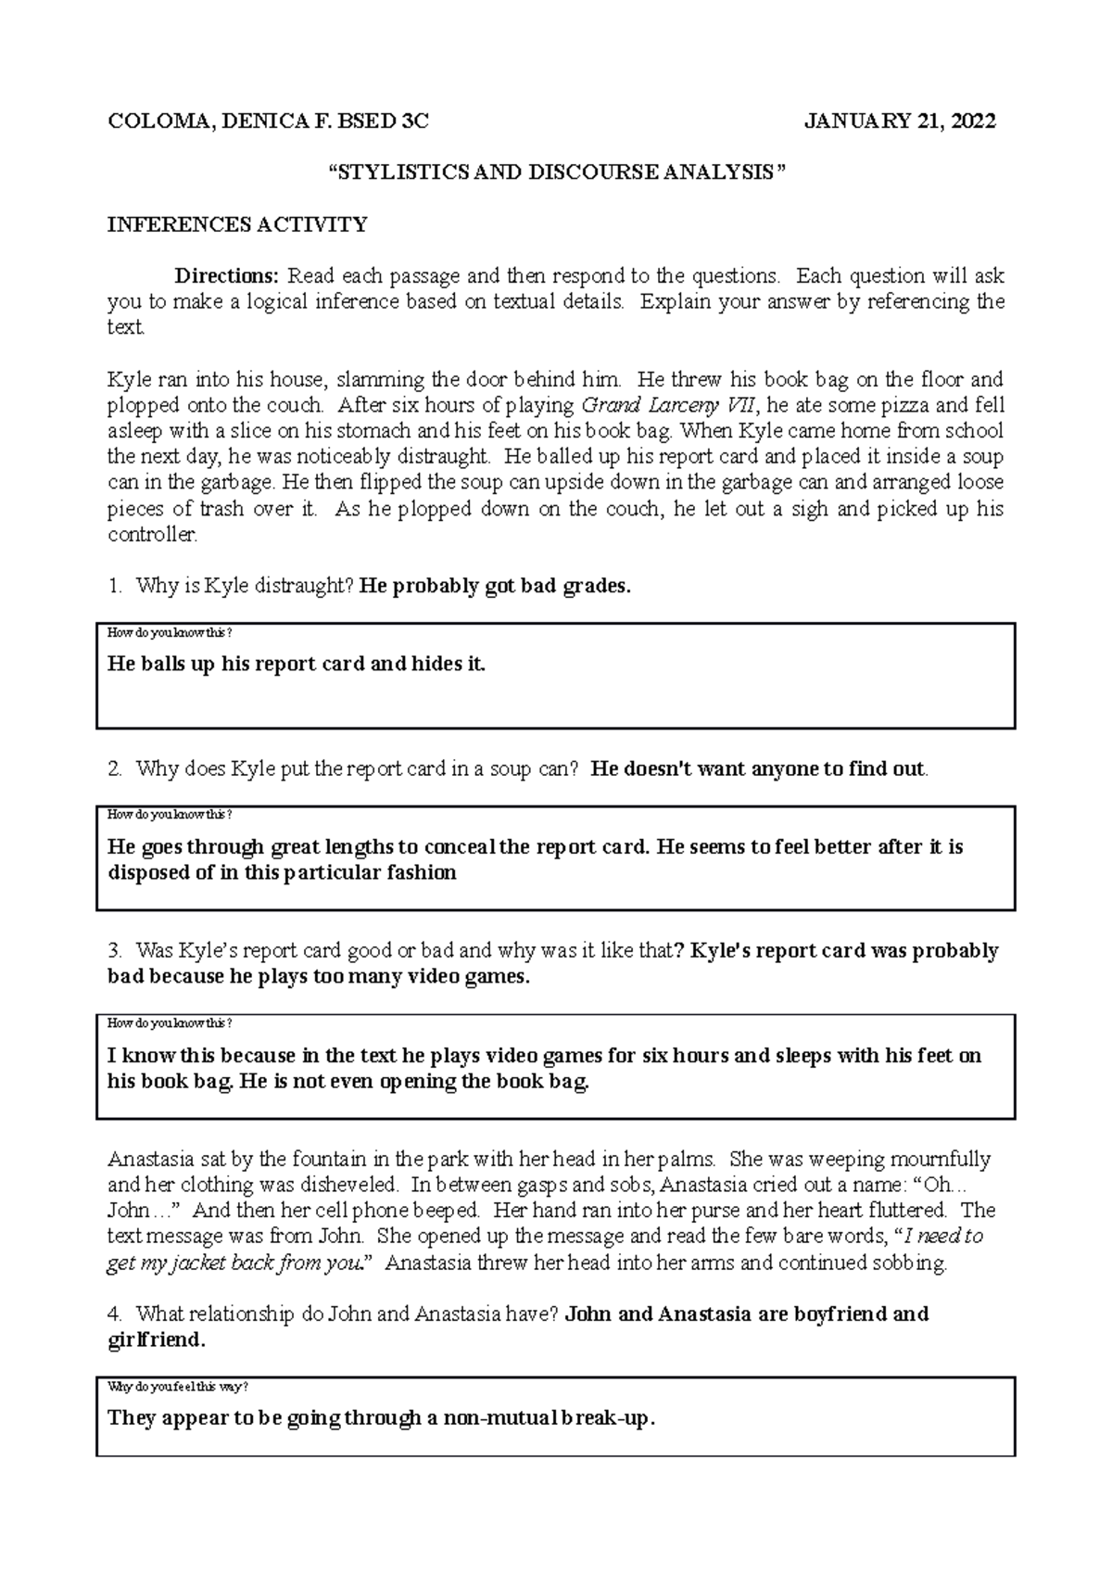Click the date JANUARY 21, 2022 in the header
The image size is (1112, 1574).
(x=901, y=121)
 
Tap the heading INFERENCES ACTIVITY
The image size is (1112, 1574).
(x=237, y=224)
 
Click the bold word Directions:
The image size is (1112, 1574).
(x=227, y=276)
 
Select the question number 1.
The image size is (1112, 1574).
(x=114, y=586)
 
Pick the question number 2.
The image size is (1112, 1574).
(x=114, y=768)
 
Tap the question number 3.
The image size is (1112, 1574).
(x=114, y=951)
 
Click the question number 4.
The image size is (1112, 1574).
(x=114, y=1314)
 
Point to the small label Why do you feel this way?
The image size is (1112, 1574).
(x=178, y=1387)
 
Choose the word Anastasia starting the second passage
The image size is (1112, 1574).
(x=153, y=1160)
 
